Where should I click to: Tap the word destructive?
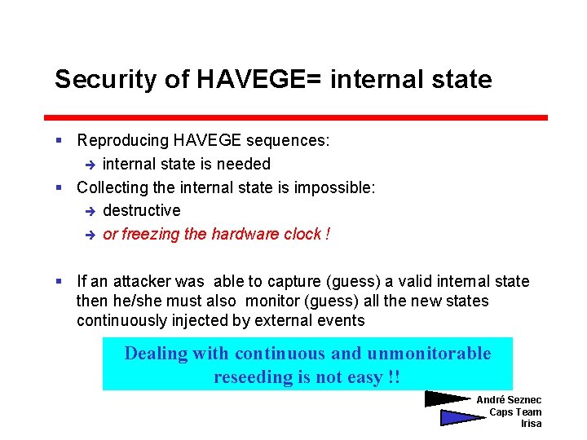coord(142,211)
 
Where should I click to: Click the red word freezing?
coord(151,235)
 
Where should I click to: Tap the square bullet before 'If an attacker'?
coord(59,282)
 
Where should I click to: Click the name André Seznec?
coord(509,400)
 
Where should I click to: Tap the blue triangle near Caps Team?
coord(461,417)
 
